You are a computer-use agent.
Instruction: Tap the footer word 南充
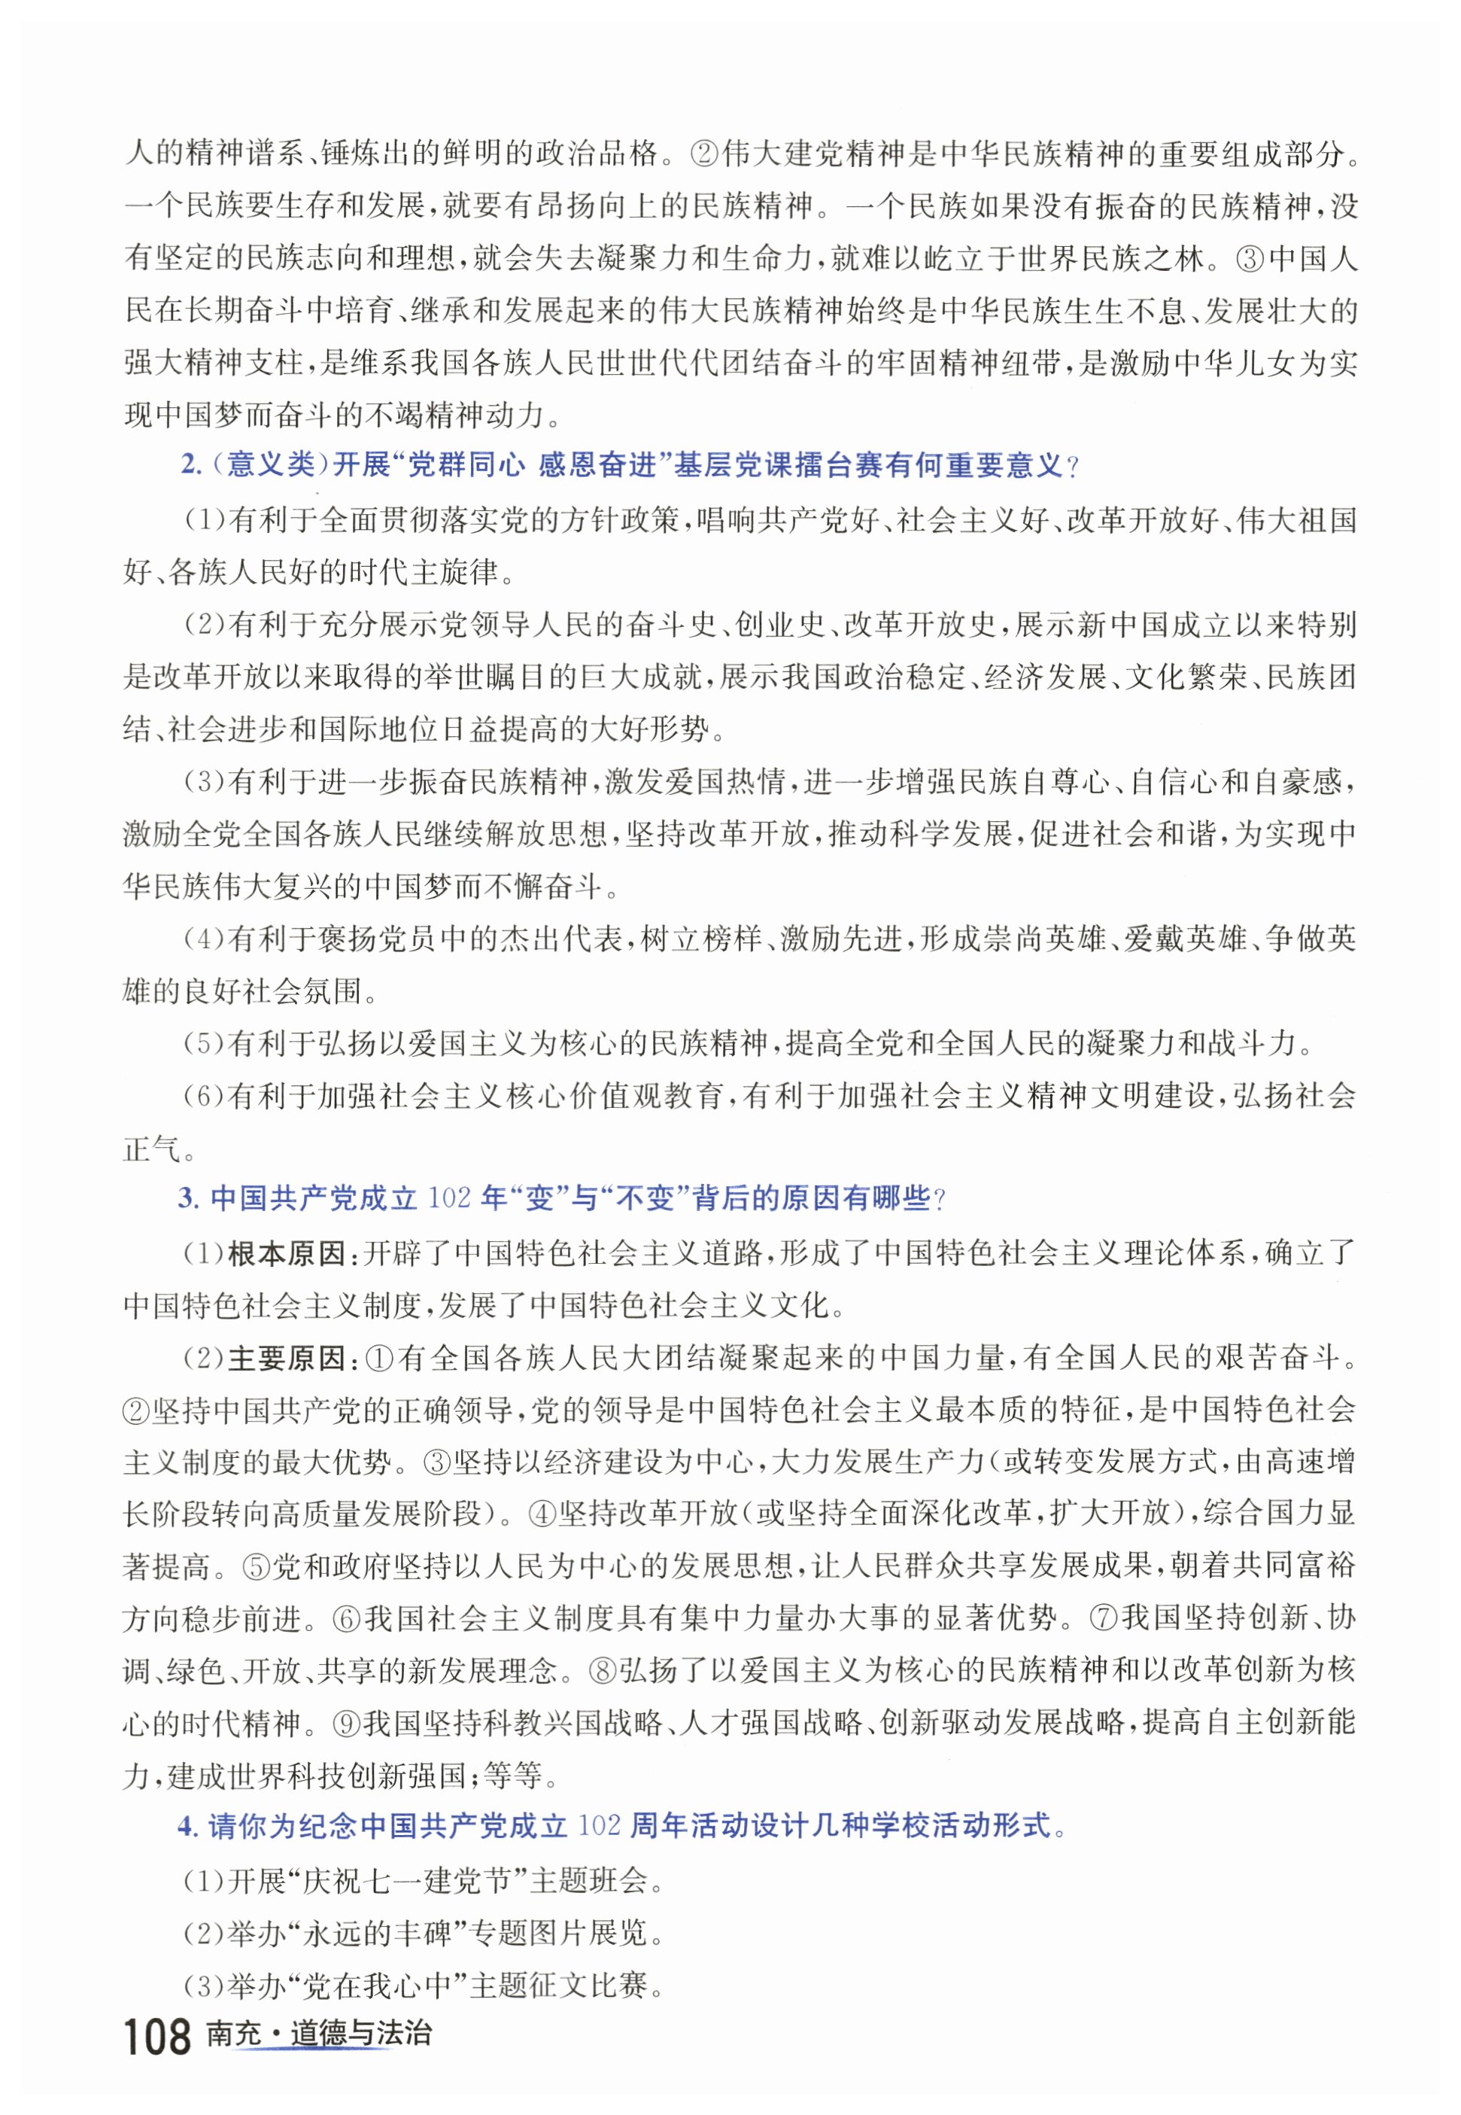click(234, 2034)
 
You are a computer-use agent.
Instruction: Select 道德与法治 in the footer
click(360, 2034)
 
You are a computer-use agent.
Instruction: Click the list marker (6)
click(205, 1096)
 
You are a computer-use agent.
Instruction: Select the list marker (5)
click(205, 1043)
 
